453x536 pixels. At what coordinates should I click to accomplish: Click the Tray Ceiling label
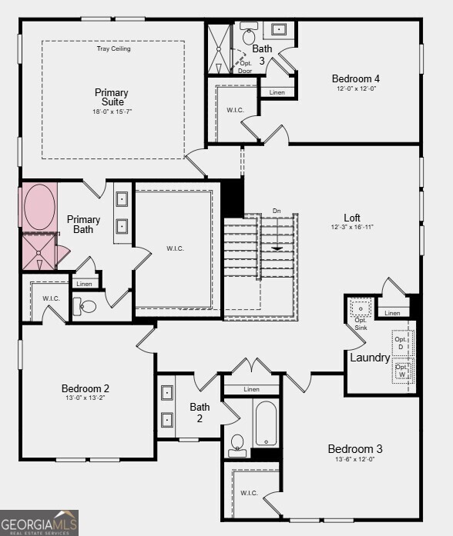(x=113, y=48)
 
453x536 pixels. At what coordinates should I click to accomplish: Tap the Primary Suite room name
(x=112, y=98)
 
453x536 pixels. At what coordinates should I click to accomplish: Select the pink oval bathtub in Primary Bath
(x=39, y=206)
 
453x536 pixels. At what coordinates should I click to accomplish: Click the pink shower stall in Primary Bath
(x=38, y=251)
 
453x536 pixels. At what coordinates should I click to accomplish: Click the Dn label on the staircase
(x=277, y=211)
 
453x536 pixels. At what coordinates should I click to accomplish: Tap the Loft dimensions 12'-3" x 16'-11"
(x=352, y=227)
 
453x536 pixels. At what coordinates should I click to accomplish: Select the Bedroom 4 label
(x=355, y=78)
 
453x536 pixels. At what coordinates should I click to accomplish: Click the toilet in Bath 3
(x=249, y=35)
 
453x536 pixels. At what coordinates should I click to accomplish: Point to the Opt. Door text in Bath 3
(x=246, y=67)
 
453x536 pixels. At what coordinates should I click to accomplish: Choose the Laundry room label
(x=370, y=358)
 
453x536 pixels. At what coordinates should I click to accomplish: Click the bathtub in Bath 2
(x=266, y=423)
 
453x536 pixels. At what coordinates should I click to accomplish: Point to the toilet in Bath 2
(x=237, y=444)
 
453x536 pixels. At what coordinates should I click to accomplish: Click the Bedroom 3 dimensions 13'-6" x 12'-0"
(x=354, y=460)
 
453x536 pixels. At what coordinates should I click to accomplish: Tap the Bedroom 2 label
(x=86, y=388)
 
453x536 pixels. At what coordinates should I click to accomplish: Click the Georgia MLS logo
(x=39, y=522)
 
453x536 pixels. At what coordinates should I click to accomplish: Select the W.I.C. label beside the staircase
(x=175, y=248)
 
